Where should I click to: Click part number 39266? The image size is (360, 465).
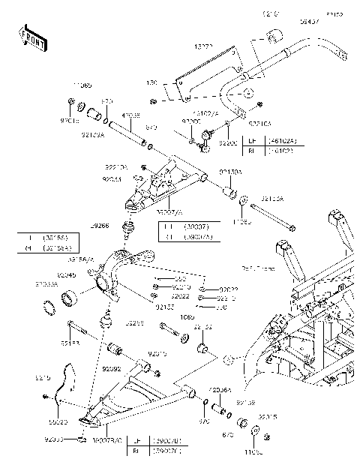click(x=100, y=224)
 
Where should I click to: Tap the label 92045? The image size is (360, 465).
click(x=67, y=275)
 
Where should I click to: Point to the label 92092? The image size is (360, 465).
click(x=112, y=369)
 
